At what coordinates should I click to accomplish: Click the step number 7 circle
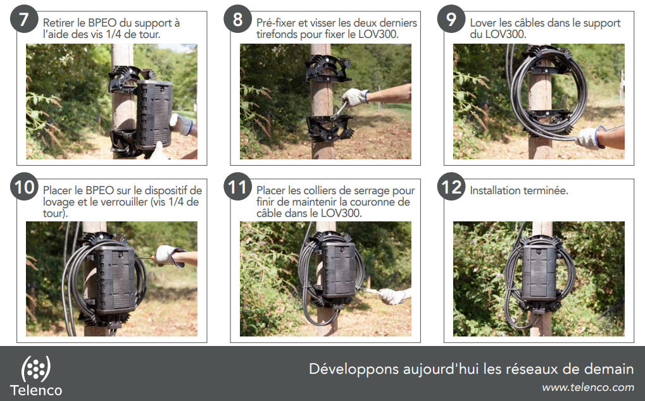(24, 19)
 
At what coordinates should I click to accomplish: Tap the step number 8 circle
(238, 19)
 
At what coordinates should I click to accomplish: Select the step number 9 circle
(451, 19)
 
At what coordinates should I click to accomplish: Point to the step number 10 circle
(24, 187)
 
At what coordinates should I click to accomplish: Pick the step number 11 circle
(238, 187)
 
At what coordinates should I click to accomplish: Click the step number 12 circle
(451, 187)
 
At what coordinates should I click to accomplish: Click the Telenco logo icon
(36, 369)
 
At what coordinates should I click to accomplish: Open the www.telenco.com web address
(588, 388)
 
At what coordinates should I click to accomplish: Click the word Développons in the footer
(354, 369)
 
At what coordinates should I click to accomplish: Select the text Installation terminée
(518, 190)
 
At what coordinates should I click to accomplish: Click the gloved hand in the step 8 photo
(355, 97)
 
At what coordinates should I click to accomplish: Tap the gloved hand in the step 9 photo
(591, 137)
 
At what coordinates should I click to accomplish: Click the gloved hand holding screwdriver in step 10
(169, 256)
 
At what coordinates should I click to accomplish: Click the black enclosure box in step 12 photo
(539, 273)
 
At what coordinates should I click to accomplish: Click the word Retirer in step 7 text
(58, 23)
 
